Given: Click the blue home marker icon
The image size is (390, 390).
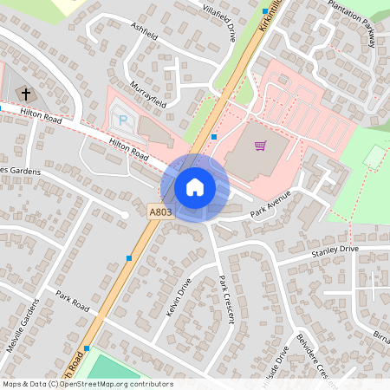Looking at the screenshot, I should tap(195, 186).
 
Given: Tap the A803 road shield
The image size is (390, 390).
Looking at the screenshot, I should tap(159, 211).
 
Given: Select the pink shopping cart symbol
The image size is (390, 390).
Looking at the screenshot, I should tap(260, 145).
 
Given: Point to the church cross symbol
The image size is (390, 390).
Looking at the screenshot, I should tap(25, 93).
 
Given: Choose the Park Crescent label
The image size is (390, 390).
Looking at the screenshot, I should tap(227, 299).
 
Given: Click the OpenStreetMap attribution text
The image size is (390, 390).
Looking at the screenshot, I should tap(88, 384).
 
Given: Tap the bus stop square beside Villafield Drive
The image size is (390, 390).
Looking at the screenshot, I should tap(265, 11).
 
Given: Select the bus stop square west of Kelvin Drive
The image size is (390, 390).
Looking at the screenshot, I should tap(129, 257).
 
